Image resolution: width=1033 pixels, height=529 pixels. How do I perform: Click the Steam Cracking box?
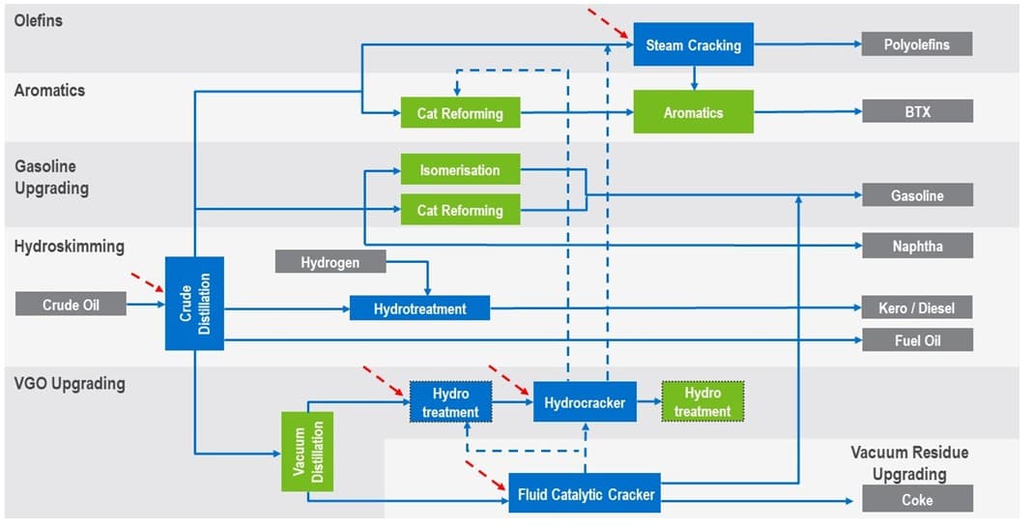pyautogui.click(x=693, y=44)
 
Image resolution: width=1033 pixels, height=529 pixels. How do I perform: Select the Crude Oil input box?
pyautogui.click(x=71, y=305)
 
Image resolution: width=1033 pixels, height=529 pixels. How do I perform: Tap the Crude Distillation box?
pyautogui.click(x=194, y=303)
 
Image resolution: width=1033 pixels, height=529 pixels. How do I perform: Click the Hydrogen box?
pyautogui.click(x=330, y=261)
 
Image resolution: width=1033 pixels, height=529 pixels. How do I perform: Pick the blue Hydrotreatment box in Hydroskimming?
pyautogui.click(x=419, y=309)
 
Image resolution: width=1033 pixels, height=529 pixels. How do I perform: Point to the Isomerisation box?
pyautogui.click(x=460, y=169)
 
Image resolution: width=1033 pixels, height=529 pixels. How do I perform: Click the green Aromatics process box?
pyautogui.click(x=693, y=112)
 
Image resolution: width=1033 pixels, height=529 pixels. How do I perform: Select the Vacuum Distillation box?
pyautogui.click(x=307, y=451)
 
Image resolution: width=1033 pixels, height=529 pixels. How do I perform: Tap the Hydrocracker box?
pyautogui.click(x=585, y=401)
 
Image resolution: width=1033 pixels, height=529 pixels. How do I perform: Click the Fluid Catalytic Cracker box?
pyautogui.click(x=585, y=493)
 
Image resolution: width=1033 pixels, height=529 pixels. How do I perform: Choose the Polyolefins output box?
pyautogui.click(x=917, y=44)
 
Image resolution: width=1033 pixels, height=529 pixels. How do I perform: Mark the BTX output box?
pyautogui.click(x=917, y=111)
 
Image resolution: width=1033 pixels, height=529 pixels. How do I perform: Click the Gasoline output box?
pyautogui.click(x=917, y=195)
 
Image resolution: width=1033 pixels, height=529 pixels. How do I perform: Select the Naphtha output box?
pyautogui.click(x=917, y=246)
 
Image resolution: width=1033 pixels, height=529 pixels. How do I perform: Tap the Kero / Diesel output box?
pyautogui.click(x=917, y=308)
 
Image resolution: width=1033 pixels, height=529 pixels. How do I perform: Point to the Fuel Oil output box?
pyautogui.click(x=917, y=339)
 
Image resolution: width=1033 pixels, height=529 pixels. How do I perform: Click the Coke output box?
pyautogui.click(x=917, y=499)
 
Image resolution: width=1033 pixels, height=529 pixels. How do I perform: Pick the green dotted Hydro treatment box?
pyautogui.click(x=703, y=402)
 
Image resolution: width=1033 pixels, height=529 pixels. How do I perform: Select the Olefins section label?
pyautogui.click(x=39, y=19)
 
